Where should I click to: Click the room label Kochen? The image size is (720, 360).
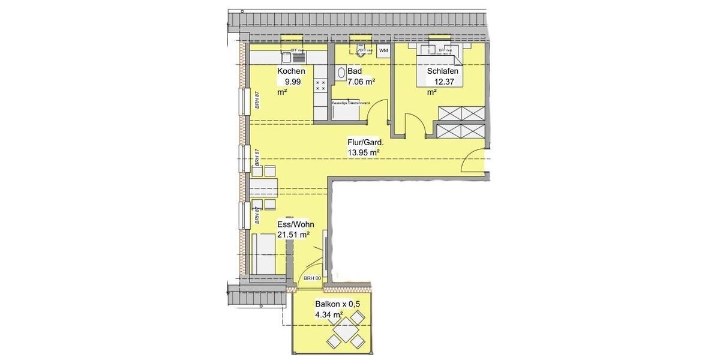(291, 71)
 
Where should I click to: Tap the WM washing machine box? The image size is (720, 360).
(384, 51)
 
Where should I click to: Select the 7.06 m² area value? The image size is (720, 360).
(361, 82)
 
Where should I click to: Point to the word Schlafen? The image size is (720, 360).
(443, 71)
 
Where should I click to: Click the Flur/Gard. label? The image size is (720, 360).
(365, 143)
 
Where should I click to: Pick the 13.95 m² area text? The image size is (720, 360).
(364, 153)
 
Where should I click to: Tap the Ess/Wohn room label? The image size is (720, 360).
(295, 224)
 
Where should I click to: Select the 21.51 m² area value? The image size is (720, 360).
(293, 235)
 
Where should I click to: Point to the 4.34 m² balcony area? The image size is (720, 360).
(329, 314)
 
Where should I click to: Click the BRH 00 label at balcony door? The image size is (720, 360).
(312, 278)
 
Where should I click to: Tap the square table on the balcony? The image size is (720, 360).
(344, 332)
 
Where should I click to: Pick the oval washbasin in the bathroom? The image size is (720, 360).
(341, 73)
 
